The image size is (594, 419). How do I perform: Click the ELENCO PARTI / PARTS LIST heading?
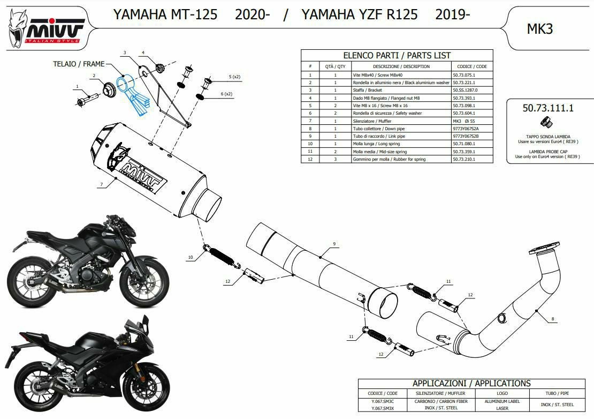tap(396, 55)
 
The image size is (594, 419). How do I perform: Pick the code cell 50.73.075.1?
tap(463, 75)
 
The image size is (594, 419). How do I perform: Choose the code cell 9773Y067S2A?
tap(466, 129)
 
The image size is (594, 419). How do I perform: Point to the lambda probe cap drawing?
tap(546, 125)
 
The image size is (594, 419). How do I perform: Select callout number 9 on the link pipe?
tap(334, 244)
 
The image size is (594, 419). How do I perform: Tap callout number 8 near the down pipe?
tap(552, 319)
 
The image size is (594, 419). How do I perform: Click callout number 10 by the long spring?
tap(190, 258)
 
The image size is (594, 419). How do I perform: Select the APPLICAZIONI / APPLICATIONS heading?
tap(471, 383)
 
